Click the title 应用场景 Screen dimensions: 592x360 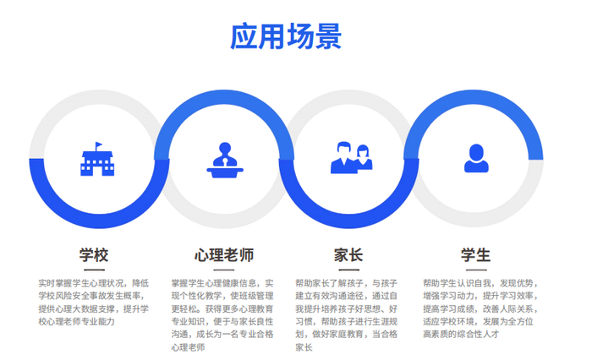[x=286, y=36]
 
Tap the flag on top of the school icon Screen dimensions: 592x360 [x=99, y=145]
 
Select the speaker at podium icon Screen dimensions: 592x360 [x=225, y=160]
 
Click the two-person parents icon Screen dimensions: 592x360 [x=351, y=158]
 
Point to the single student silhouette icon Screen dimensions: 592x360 [x=476, y=158]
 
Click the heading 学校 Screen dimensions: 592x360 [x=94, y=255]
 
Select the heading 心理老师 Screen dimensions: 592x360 [x=224, y=255]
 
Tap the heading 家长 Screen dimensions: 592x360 [x=348, y=255]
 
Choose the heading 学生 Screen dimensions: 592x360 [x=475, y=255]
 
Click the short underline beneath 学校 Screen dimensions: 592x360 [x=94, y=270]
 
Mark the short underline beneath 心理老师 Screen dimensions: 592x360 [x=224, y=270]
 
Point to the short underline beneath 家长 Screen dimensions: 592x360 [x=348, y=270]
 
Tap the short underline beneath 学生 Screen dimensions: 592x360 [x=476, y=270]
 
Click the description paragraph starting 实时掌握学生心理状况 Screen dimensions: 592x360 [x=94, y=303]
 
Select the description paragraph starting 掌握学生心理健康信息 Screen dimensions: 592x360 [x=222, y=315]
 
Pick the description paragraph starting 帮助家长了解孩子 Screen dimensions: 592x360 [x=347, y=315]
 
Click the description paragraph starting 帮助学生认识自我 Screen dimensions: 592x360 [x=480, y=308]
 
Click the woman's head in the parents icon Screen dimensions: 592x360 [x=363, y=151]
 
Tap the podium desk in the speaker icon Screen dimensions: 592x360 [x=225, y=173]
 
